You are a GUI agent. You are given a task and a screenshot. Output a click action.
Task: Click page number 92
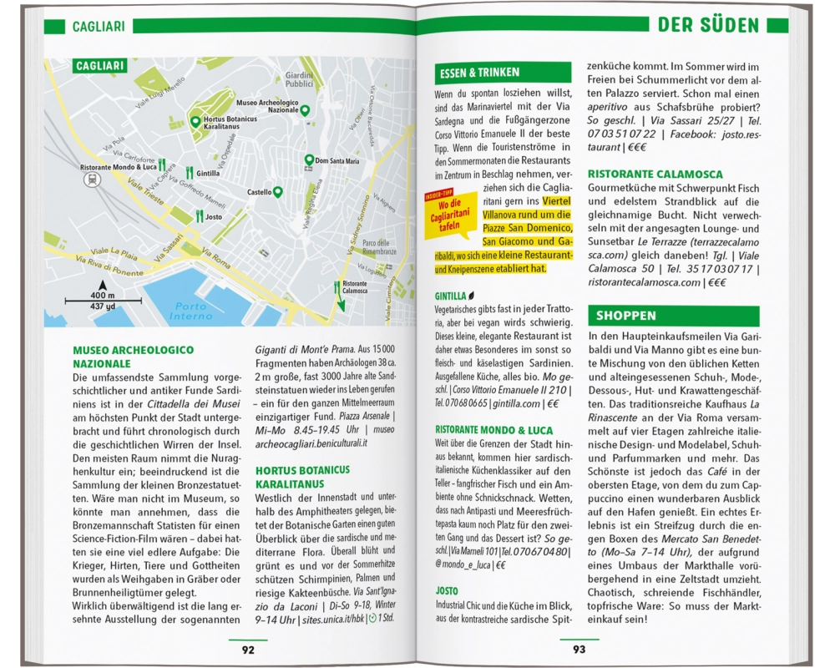248,649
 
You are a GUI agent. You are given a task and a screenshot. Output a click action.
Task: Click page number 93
579,649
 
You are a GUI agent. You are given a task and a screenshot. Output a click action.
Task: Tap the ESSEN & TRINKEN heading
479,73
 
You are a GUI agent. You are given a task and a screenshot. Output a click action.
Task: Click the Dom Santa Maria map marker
309,159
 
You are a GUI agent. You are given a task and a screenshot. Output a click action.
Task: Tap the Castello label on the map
260,193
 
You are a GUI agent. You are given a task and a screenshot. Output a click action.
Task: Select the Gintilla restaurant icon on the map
190,173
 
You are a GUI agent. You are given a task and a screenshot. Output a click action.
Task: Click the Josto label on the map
214,217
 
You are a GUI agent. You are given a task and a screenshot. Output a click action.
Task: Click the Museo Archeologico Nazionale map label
267,106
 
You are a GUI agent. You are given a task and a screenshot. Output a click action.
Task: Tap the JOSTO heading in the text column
447,590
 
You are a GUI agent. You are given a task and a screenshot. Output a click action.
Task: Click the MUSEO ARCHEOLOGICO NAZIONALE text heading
134,357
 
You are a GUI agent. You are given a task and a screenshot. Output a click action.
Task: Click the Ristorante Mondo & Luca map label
119,167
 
